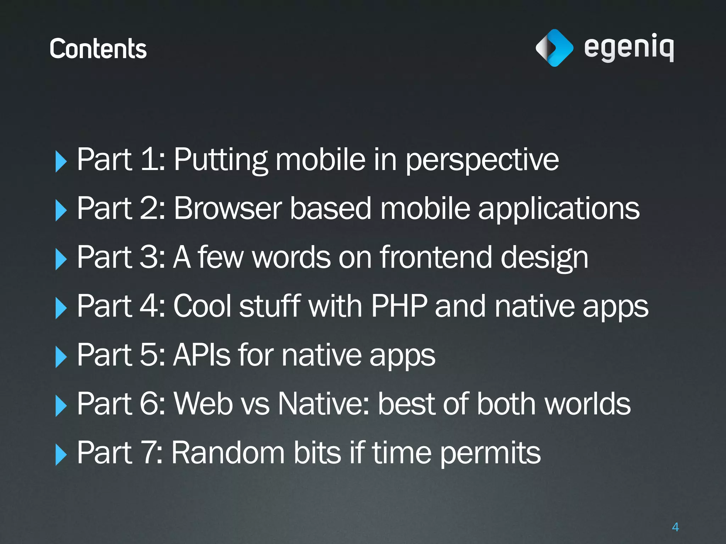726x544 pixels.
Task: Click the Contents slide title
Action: (x=98, y=49)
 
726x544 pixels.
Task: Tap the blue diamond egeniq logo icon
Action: (x=554, y=48)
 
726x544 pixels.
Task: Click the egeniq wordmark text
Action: (x=629, y=48)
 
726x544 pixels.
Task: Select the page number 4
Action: (x=675, y=527)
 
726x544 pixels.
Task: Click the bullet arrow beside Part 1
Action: (x=61, y=161)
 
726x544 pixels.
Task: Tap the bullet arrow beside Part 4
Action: (x=61, y=308)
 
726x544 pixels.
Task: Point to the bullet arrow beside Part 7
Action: (x=61, y=454)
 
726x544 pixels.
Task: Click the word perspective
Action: (x=482, y=160)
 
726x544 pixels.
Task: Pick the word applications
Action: (x=559, y=209)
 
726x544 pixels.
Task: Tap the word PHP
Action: (x=399, y=306)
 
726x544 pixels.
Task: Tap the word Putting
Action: (x=220, y=160)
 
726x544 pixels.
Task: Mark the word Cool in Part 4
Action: (x=202, y=306)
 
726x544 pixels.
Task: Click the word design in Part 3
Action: (x=544, y=258)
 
